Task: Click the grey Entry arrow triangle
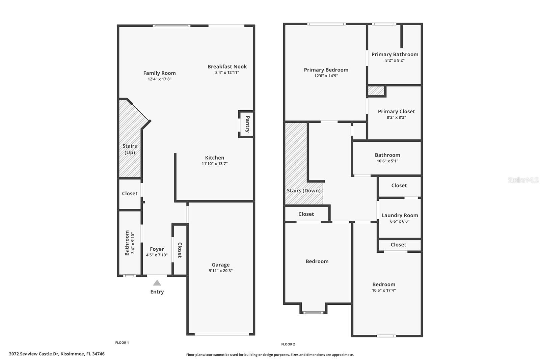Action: [x=157, y=283]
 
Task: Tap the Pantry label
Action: [x=247, y=124]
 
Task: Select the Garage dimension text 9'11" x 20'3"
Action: [x=220, y=271]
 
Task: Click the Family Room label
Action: [x=159, y=73]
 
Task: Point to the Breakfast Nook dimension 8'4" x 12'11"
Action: [x=227, y=72]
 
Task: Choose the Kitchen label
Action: [x=215, y=158]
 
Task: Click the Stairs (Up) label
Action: [x=130, y=149]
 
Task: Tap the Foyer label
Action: [x=157, y=249]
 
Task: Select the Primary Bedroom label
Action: [x=326, y=70]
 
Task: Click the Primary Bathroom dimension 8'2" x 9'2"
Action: [x=395, y=60]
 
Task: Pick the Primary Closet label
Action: [x=396, y=111]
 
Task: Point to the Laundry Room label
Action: [x=400, y=215]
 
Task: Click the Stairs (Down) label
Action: [x=304, y=191]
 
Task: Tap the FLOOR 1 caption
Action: [x=122, y=342]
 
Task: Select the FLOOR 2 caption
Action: [x=288, y=344]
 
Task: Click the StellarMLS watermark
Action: [x=523, y=180]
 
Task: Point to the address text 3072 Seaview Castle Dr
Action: [x=34, y=354]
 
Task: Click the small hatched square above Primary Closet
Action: [x=376, y=91]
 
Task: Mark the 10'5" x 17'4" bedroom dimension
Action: [x=384, y=290]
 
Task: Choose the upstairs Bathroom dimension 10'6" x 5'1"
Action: [x=387, y=161]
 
